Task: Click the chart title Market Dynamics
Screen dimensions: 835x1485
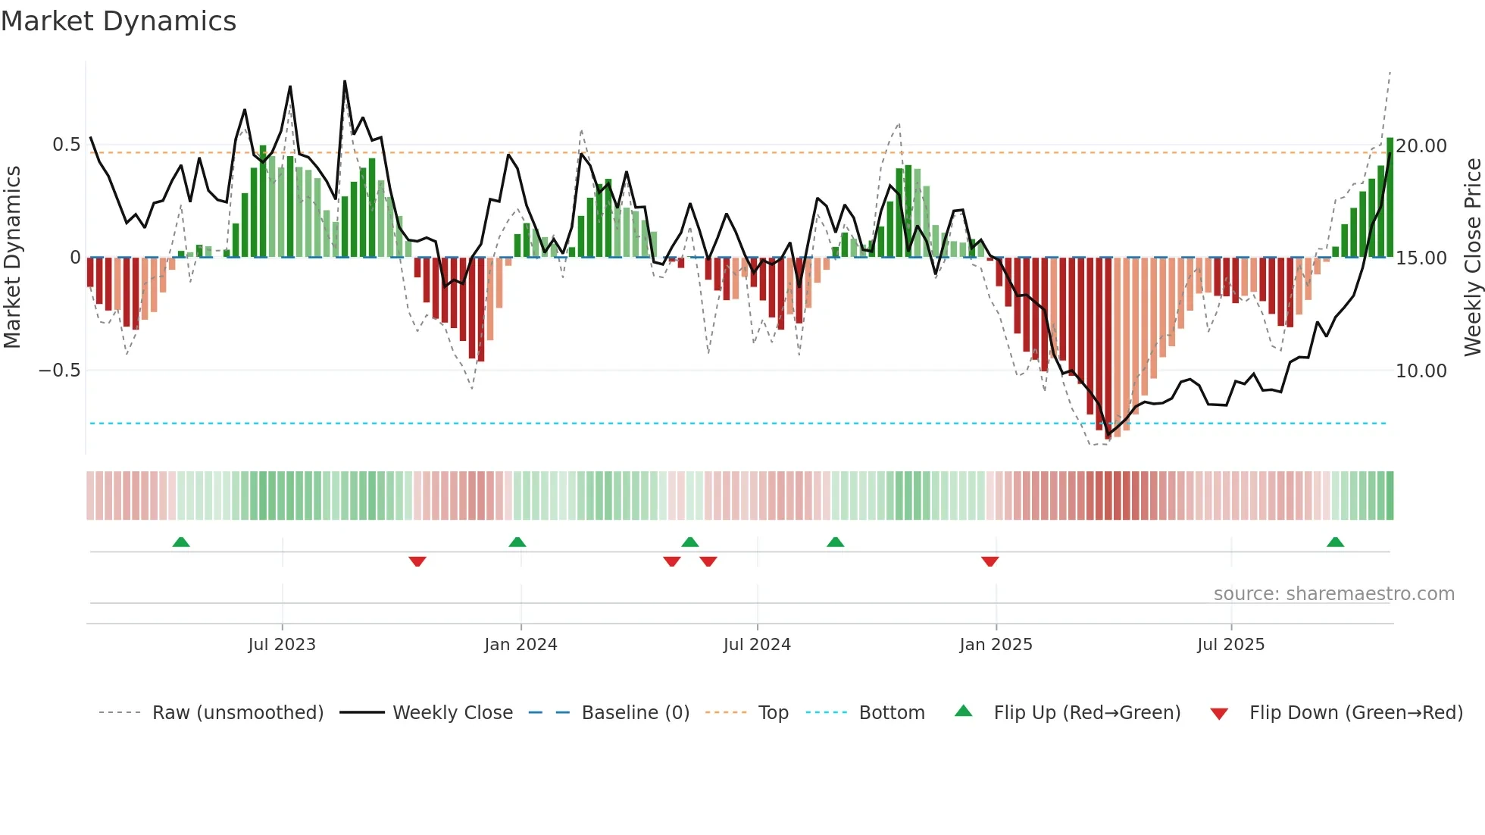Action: click(x=118, y=21)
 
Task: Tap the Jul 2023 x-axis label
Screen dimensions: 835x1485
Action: click(x=282, y=645)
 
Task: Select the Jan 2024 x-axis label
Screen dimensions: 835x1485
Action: click(x=521, y=645)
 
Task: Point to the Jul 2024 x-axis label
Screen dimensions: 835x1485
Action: click(x=757, y=645)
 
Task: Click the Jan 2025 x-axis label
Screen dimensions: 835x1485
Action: click(x=996, y=645)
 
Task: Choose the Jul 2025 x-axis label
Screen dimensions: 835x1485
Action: click(x=1230, y=645)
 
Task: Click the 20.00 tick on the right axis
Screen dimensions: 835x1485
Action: click(x=1421, y=145)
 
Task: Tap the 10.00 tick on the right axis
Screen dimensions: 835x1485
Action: click(x=1421, y=371)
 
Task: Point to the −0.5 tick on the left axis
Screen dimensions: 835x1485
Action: click(x=59, y=371)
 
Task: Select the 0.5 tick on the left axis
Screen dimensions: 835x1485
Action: click(x=66, y=145)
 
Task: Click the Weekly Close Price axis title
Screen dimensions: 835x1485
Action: click(x=1472, y=258)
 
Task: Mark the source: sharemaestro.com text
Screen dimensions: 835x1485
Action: click(x=1333, y=594)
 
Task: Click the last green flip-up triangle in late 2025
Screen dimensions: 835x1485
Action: click(x=1335, y=543)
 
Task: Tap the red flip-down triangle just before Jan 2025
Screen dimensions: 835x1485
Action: click(x=989, y=561)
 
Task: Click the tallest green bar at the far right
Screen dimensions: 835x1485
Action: click(x=1390, y=197)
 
